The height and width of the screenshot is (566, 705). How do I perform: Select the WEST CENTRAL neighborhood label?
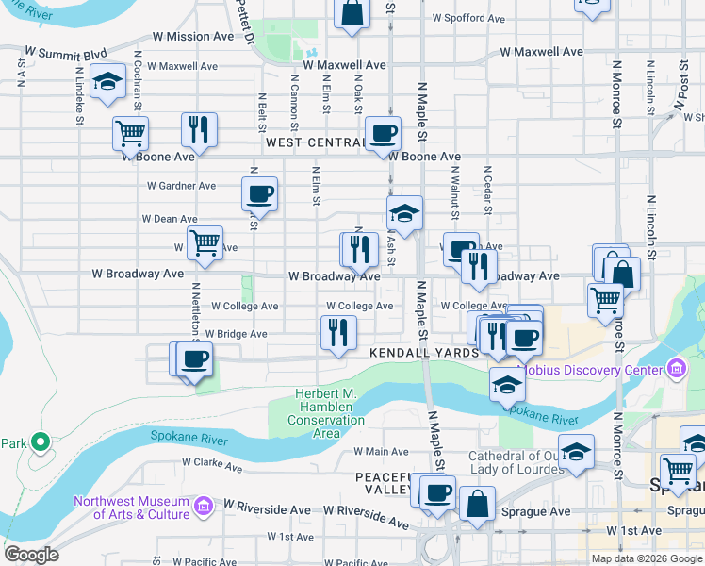tap(315, 142)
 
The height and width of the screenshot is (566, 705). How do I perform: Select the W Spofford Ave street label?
tap(468, 18)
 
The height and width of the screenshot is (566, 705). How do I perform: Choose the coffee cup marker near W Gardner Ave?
tap(259, 193)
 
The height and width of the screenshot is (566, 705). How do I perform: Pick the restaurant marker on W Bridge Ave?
tap(337, 331)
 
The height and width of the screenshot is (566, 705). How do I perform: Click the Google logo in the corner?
tap(31, 554)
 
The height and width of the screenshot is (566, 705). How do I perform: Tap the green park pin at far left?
tap(40, 441)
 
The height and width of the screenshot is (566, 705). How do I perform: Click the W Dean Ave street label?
tap(170, 218)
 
